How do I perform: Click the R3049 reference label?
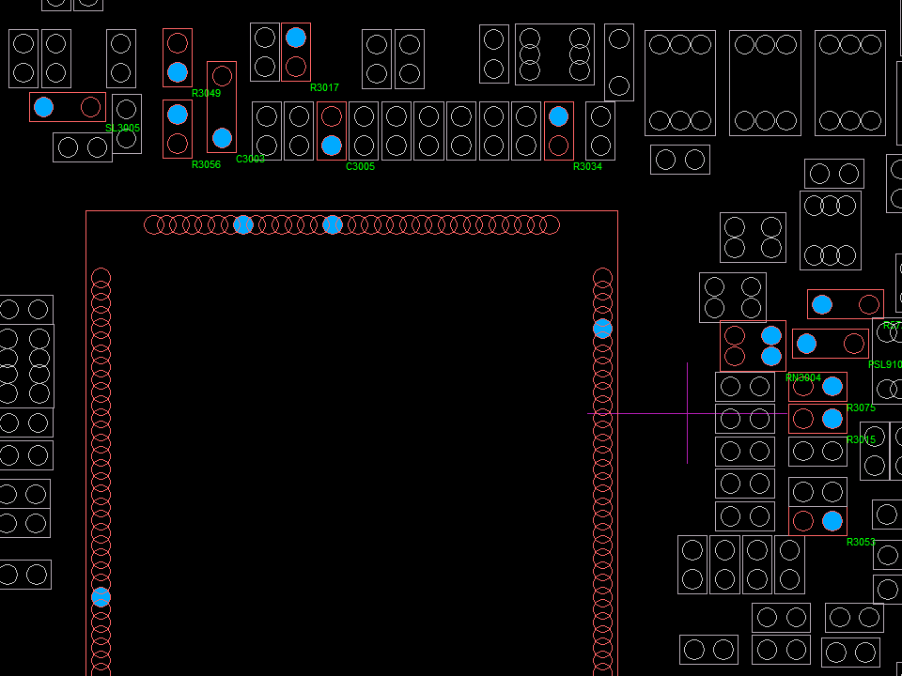tap(206, 93)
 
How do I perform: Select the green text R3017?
tap(324, 88)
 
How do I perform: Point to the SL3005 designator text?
tap(123, 129)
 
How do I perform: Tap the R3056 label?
tap(206, 165)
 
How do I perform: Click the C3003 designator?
tap(250, 160)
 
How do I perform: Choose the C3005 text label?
tap(360, 167)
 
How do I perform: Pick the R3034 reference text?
tap(587, 167)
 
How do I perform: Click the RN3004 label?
tap(803, 378)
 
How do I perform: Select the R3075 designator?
tap(861, 408)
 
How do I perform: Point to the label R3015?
tap(861, 440)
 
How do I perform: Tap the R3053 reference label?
tap(861, 543)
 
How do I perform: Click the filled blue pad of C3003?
tap(222, 138)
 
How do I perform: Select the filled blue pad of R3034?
tap(558, 116)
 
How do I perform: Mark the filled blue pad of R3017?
tap(296, 38)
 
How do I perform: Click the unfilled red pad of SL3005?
tap(90, 107)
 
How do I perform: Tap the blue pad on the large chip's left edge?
tap(101, 597)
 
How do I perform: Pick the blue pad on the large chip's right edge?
tap(602, 329)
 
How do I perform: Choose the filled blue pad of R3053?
tap(832, 521)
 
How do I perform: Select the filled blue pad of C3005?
tap(332, 146)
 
